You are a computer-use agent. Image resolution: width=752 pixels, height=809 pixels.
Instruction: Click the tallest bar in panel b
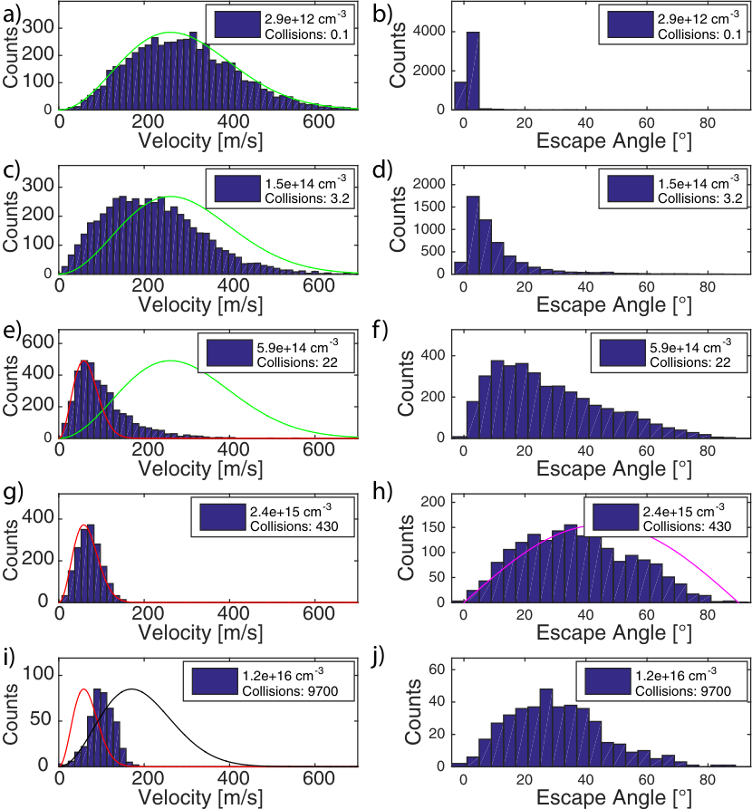click(x=473, y=71)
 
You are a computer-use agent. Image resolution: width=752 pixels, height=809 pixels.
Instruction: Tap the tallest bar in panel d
click(x=473, y=235)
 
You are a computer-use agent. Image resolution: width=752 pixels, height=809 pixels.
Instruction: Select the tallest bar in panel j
click(x=546, y=727)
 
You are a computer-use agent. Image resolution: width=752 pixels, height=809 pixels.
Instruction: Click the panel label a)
click(x=12, y=14)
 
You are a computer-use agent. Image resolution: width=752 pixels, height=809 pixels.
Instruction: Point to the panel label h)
click(x=382, y=492)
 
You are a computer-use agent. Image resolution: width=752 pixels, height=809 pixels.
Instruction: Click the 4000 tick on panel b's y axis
click(x=429, y=31)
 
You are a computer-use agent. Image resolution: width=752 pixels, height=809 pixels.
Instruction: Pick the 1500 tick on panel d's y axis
click(x=429, y=207)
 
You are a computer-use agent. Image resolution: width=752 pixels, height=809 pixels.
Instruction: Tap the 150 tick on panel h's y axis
click(x=432, y=527)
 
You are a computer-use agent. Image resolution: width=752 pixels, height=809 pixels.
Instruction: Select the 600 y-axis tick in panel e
click(x=38, y=342)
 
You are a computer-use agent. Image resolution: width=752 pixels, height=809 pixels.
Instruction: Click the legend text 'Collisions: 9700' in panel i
click(x=290, y=691)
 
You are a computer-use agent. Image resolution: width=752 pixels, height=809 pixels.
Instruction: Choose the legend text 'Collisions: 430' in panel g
click(x=294, y=526)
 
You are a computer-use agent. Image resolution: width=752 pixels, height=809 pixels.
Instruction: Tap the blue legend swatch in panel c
click(x=237, y=188)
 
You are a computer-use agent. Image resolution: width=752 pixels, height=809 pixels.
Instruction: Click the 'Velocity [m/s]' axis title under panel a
click(x=200, y=140)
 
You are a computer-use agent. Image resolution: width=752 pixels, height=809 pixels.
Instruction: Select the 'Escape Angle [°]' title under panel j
click(x=613, y=797)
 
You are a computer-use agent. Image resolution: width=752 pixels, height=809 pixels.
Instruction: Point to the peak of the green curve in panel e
click(x=170, y=361)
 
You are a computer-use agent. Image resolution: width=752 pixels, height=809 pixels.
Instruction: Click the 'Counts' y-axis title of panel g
click(x=10, y=551)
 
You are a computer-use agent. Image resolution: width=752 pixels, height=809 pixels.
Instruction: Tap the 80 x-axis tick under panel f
click(x=707, y=451)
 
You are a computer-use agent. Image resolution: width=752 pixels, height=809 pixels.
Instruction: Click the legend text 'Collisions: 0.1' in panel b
click(x=699, y=34)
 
